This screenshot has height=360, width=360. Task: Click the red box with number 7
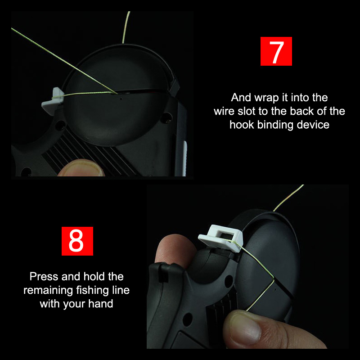click(x=276, y=51)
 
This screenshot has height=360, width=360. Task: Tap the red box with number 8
click(x=77, y=241)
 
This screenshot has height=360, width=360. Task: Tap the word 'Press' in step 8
click(x=44, y=276)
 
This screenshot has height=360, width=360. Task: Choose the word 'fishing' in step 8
click(x=93, y=290)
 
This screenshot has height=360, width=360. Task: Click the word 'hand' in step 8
click(x=101, y=303)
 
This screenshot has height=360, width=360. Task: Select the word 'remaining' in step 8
click(x=48, y=290)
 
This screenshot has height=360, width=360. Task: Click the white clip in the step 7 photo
click(x=53, y=100)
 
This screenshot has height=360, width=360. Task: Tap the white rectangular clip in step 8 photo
click(x=220, y=238)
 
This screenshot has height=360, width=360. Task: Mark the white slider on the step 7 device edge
click(x=184, y=158)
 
